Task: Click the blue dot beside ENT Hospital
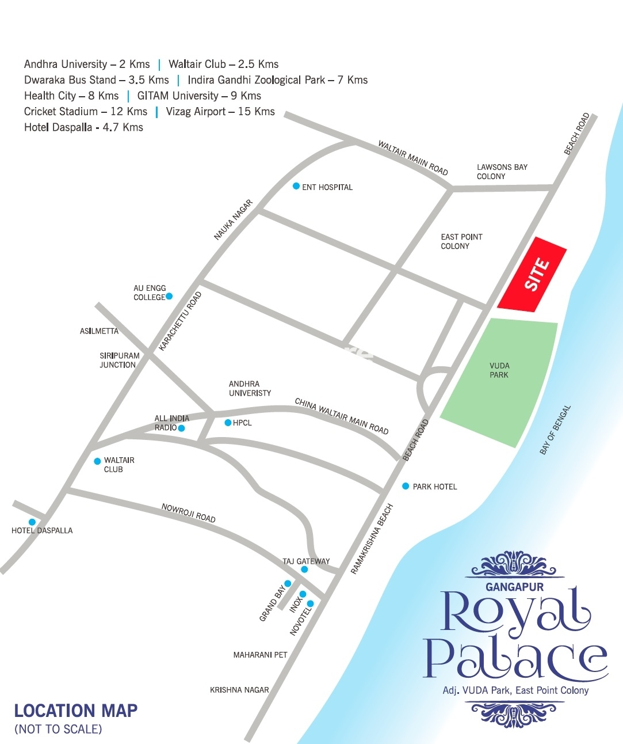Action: click(296, 186)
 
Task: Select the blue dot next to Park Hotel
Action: click(406, 486)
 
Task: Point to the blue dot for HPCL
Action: click(228, 423)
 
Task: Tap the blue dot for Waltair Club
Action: click(98, 461)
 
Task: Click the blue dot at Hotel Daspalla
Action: click(32, 522)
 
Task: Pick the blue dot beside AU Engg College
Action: click(169, 297)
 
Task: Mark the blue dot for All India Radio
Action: click(181, 428)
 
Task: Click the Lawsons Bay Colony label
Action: click(502, 172)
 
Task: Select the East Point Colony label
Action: click(461, 241)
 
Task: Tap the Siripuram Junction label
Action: click(119, 360)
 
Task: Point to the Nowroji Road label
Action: click(188, 513)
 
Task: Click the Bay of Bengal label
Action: click(555, 430)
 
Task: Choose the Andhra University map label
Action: click(250, 388)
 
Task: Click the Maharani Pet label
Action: click(260, 655)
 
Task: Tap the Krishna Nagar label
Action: click(239, 689)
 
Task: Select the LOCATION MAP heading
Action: click(76, 711)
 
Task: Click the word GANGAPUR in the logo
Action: click(514, 587)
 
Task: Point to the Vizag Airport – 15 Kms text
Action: click(220, 112)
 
